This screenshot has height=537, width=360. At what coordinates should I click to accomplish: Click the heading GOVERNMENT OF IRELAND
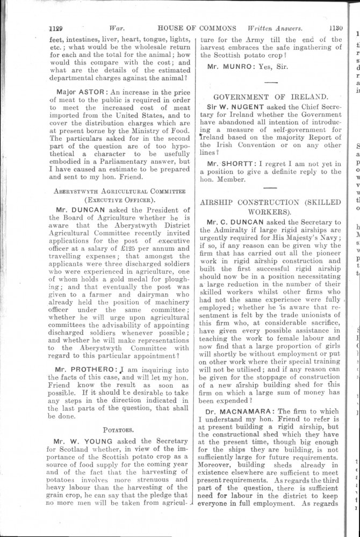[270, 97]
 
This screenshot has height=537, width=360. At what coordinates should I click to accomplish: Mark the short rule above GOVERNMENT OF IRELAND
[270, 82]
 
